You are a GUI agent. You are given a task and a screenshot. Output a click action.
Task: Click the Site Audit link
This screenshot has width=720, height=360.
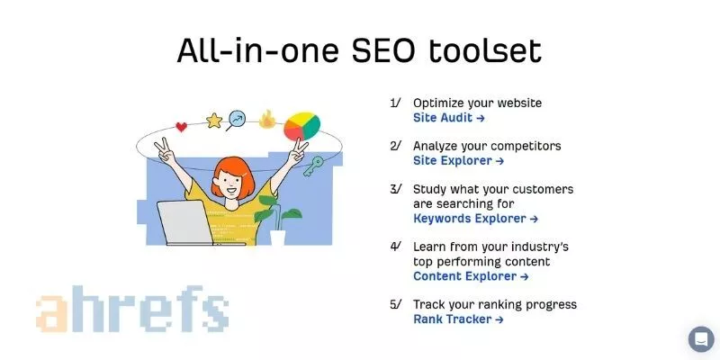(x=448, y=118)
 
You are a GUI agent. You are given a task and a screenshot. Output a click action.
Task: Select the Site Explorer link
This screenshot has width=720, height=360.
(x=458, y=161)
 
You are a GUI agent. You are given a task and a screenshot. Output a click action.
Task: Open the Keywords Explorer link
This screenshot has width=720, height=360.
(x=475, y=219)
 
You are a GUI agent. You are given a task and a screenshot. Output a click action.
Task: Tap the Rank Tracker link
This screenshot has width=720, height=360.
(x=458, y=319)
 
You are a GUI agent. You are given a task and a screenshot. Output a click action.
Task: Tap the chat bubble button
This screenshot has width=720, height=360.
(x=701, y=339)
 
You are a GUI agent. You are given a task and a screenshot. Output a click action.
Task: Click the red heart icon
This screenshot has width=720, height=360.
(x=181, y=127)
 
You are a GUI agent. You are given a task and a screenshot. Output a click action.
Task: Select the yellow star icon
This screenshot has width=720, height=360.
(x=213, y=120)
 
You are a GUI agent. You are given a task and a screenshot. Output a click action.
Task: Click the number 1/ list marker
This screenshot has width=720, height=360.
(x=395, y=103)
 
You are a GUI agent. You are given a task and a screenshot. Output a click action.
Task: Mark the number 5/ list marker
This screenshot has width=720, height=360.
(x=395, y=305)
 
